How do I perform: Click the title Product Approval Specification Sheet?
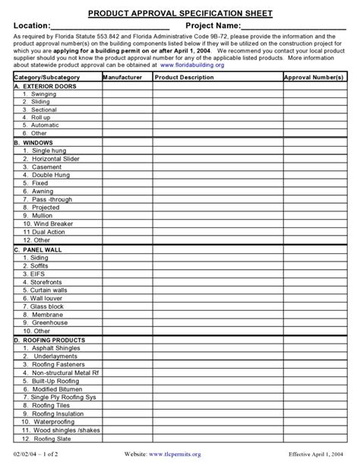coord(180,14)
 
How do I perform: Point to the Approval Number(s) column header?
coord(314,78)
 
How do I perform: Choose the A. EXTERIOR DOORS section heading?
coord(45,86)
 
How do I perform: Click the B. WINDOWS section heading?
coord(33,142)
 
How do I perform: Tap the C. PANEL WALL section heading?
coord(38,249)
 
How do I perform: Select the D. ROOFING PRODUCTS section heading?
coord(49,341)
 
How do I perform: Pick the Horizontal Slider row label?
coord(53,158)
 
